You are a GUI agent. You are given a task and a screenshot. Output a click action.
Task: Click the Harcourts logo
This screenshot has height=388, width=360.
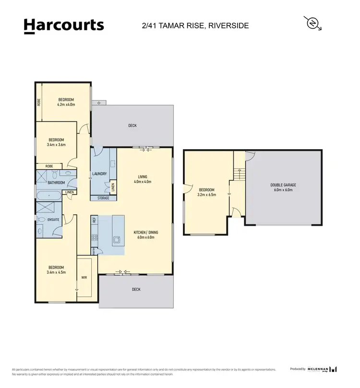[x=63, y=25]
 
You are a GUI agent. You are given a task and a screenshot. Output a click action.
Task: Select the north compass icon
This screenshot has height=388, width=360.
[x=312, y=23]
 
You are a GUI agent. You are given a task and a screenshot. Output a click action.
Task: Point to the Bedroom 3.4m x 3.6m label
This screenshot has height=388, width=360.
[x=57, y=142]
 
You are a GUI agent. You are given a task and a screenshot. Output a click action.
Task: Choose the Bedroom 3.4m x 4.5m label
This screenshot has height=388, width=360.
[x=56, y=270]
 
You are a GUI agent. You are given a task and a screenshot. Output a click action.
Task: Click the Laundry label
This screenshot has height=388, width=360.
[x=99, y=174]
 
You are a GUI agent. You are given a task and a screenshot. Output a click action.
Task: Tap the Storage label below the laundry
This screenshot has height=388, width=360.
[x=103, y=198]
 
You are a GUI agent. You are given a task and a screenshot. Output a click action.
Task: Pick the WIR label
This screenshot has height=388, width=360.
[x=84, y=277]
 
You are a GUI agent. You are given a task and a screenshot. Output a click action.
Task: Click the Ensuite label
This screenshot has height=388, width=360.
[x=53, y=220]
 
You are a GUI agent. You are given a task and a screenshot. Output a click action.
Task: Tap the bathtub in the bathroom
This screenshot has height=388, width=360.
[x=48, y=195]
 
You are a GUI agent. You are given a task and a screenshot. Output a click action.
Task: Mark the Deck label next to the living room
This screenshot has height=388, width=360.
[x=132, y=126]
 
